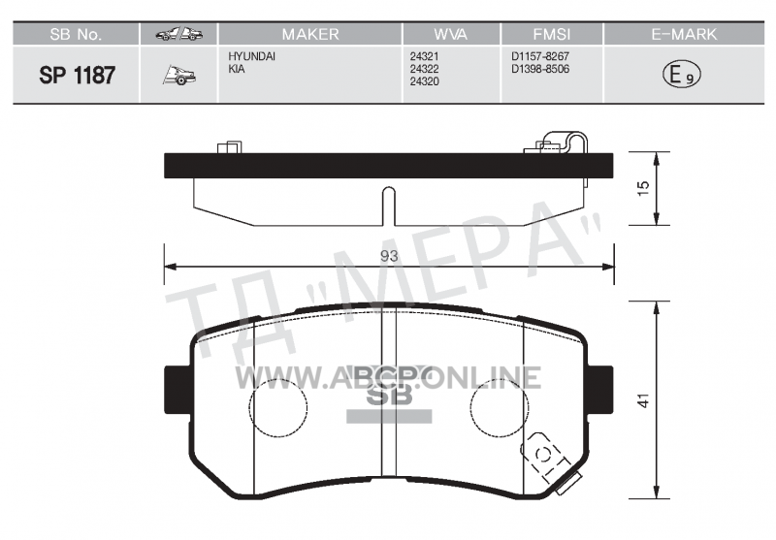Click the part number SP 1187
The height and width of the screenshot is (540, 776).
point(77,76)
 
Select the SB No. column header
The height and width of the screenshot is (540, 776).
point(76,34)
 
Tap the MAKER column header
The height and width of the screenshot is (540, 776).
point(310,34)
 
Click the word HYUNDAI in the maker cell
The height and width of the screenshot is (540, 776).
point(251,56)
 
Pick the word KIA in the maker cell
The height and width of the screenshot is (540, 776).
point(236,69)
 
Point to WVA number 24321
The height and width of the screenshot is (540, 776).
point(424,57)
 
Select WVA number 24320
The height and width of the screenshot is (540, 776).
point(424,81)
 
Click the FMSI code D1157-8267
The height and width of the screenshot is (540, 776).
point(540,56)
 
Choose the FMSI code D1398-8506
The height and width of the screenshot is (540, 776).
point(540,69)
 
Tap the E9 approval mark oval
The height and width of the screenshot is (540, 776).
point(682,75)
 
